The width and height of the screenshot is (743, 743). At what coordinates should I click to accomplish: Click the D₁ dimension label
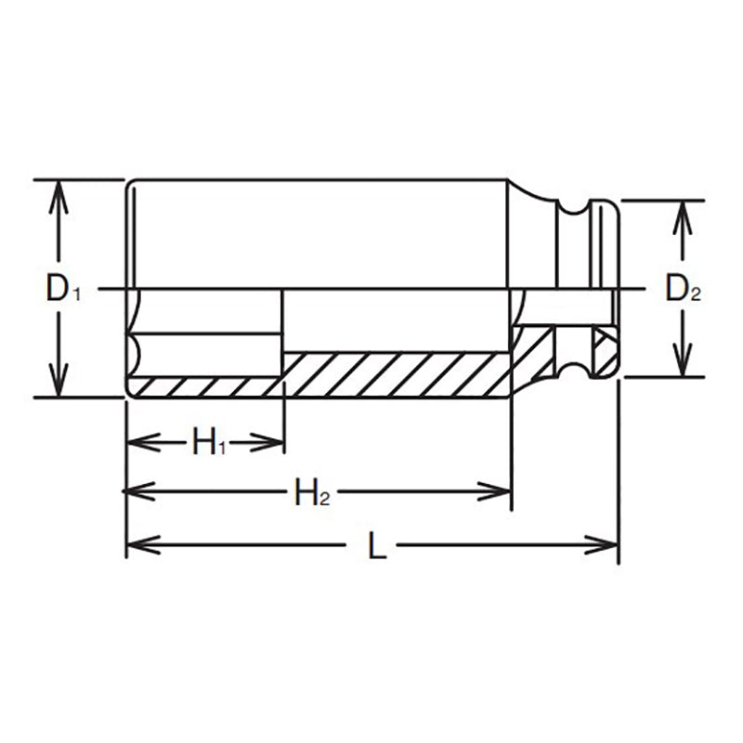(64, 290)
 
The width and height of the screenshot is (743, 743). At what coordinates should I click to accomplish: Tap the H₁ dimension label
(209, 442)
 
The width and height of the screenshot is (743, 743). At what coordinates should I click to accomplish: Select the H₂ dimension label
(312, 491)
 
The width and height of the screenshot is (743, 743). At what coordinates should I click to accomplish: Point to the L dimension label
(375, 546)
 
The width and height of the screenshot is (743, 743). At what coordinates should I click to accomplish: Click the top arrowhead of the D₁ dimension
(59, 190)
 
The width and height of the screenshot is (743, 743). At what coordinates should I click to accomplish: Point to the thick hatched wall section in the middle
(395, 373)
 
